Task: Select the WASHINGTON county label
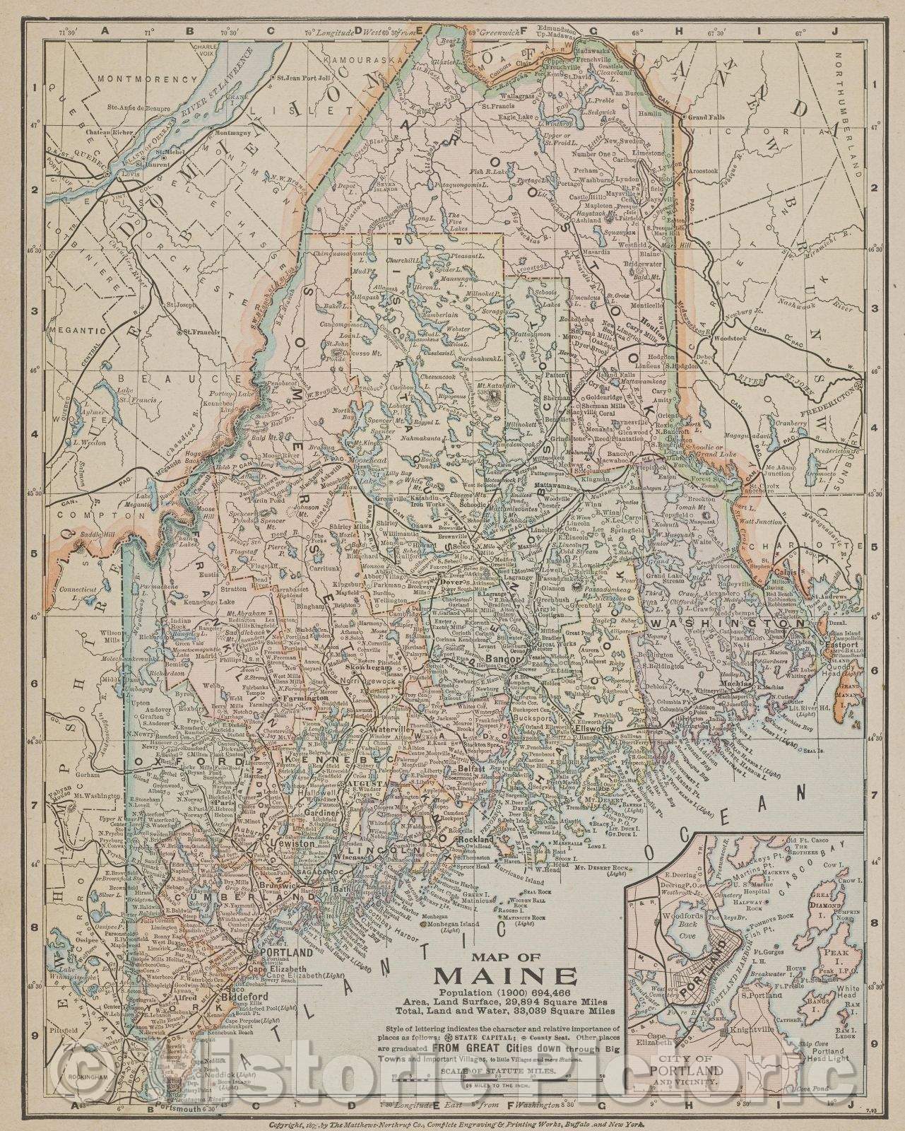pos(728,624)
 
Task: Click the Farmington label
pos(305,697)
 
